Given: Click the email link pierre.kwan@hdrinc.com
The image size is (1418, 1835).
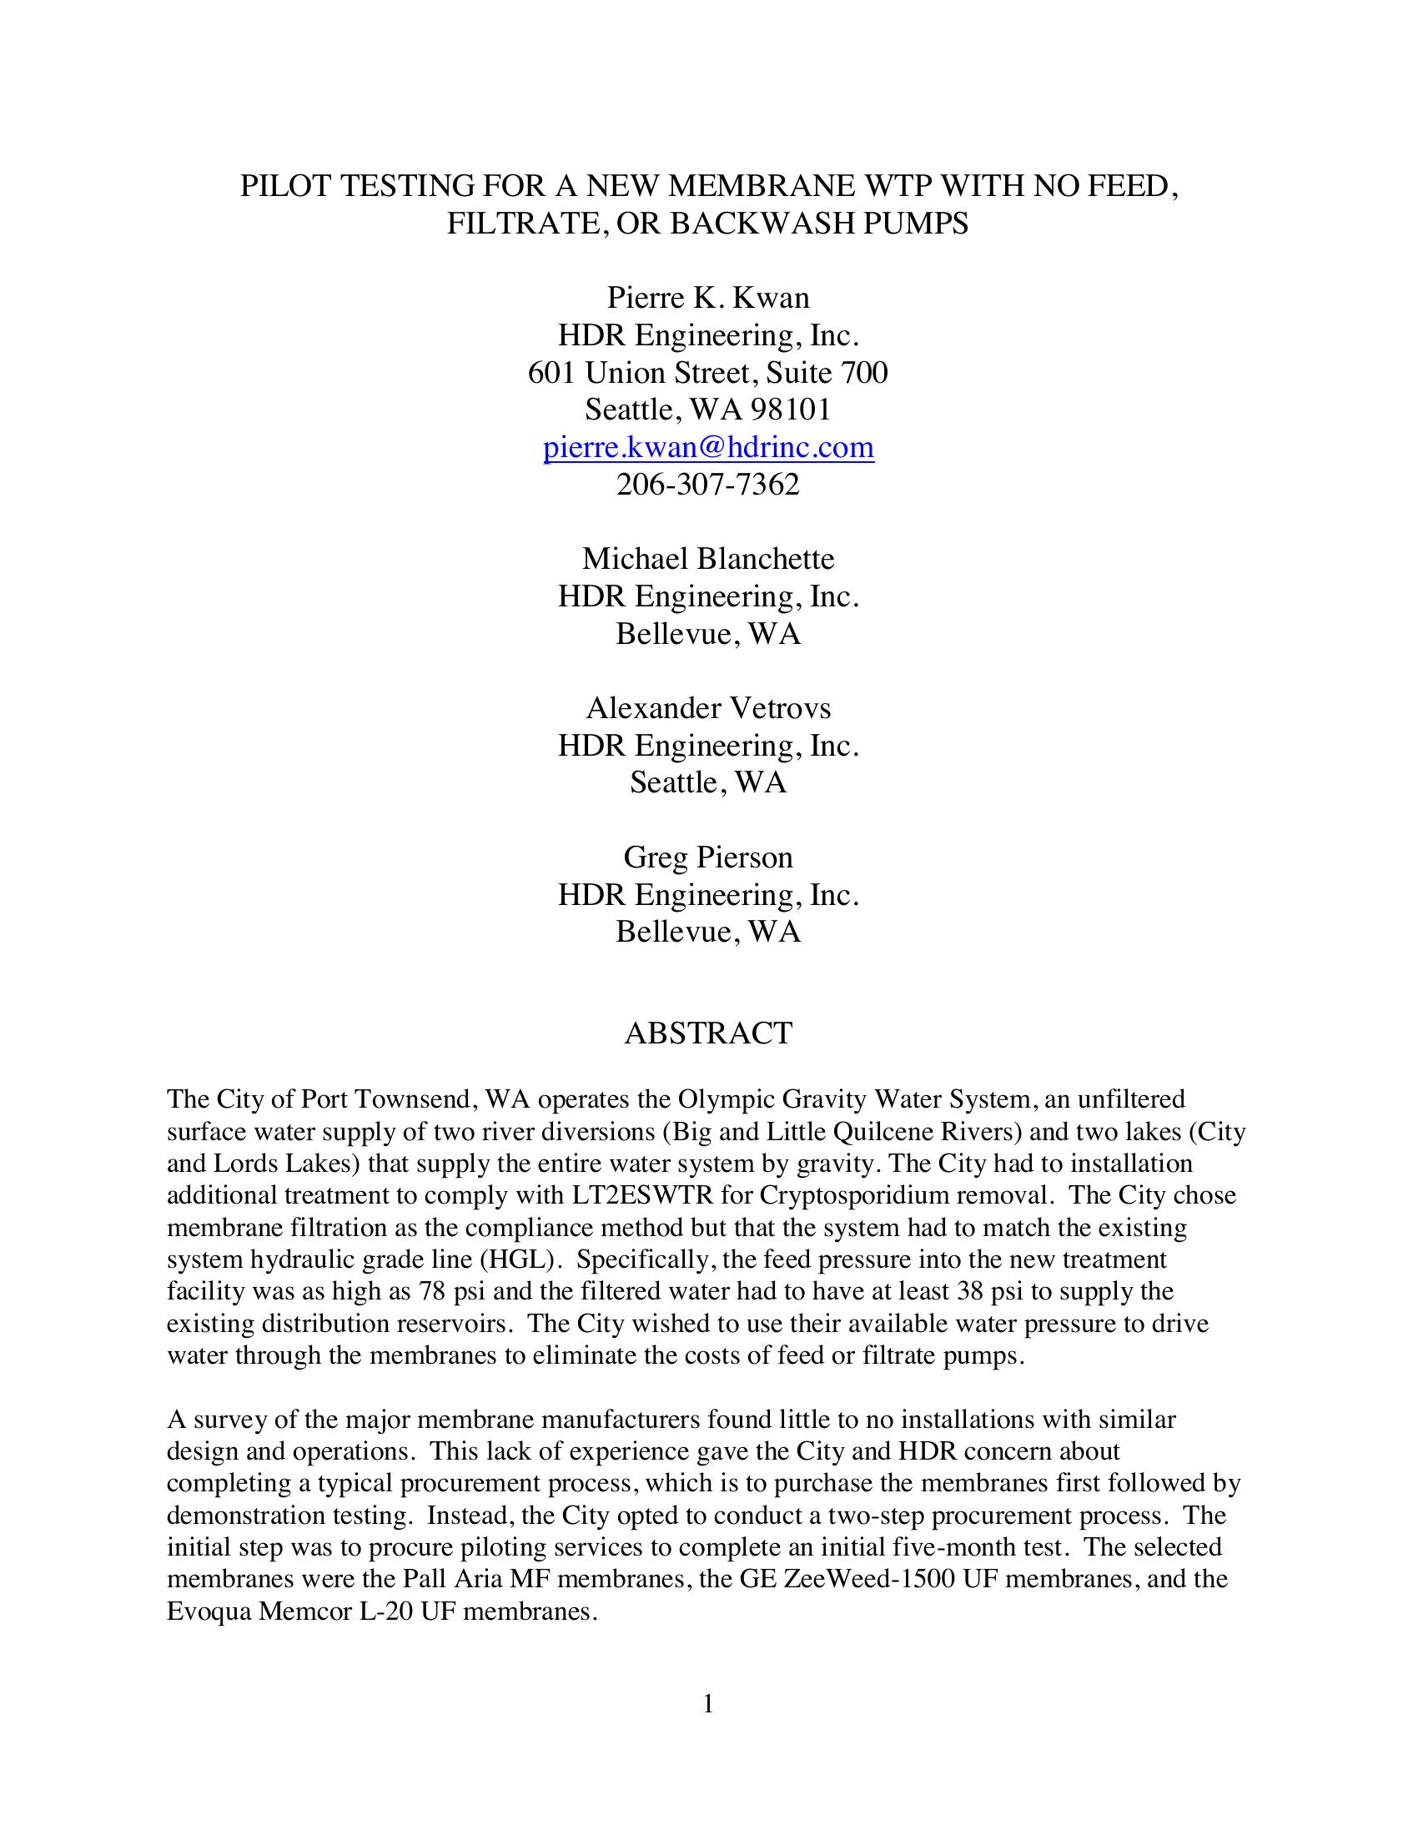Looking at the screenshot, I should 708,447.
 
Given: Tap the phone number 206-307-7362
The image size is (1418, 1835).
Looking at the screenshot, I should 708,485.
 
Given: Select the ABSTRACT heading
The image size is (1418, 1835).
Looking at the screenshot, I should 708,1033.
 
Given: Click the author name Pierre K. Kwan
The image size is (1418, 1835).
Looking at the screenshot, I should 708,299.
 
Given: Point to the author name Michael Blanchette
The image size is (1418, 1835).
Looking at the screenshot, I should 708,559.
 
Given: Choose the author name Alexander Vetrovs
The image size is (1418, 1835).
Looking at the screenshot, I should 708,708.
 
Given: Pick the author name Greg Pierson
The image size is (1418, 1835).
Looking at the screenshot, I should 708,857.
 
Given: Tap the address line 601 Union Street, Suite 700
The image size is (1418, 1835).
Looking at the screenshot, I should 708,372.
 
